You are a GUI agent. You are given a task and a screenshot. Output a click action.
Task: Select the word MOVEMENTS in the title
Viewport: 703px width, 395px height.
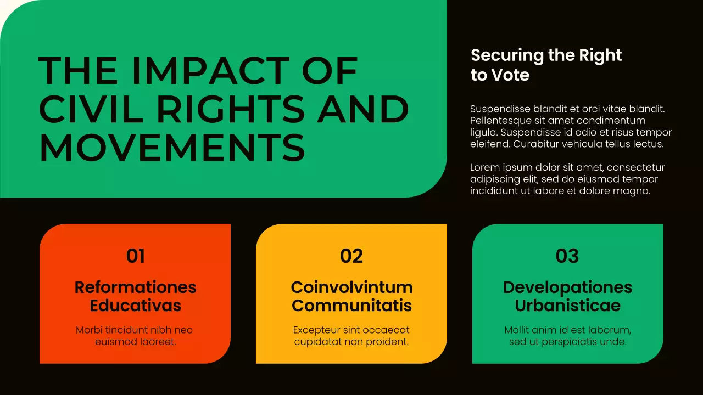click(x=172, y=148)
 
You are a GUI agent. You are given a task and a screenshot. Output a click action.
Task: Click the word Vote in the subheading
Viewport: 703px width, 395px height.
click(x=510, y=75)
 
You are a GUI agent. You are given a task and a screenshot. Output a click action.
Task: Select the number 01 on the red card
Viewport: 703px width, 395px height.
click(x=135, y=256)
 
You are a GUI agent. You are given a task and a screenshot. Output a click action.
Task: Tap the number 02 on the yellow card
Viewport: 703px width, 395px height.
click(x=351, y=256)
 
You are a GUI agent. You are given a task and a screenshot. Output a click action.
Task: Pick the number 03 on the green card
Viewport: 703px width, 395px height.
click(x=567, y=256)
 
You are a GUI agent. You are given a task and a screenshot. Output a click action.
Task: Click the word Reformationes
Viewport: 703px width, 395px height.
click(x=135, y=287)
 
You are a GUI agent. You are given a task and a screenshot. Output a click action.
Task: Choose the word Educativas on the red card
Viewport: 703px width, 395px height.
click(x=135, y=305)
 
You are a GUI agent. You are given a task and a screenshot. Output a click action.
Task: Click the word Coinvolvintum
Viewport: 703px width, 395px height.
click(x=351, y=287)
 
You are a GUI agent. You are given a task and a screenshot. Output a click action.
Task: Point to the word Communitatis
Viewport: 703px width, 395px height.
click(x=351, y=305)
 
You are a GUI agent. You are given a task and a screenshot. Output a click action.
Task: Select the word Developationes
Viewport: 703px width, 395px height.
click(x=567, y=287)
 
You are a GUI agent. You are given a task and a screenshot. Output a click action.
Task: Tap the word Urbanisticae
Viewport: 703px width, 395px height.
click(x=567, y=305)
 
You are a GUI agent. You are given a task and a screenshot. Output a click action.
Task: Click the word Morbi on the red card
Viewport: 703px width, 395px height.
click(x=89, y=330)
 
